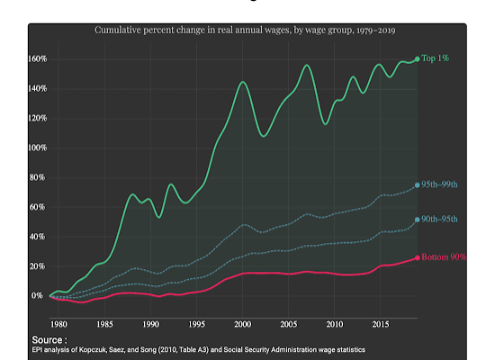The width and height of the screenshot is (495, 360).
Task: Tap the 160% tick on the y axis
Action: click(34, 59)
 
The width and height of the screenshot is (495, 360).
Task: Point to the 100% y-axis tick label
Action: click(34, 148)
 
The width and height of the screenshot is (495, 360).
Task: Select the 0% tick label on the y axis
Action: click(37, 295)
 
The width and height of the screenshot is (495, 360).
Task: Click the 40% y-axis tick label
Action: click(36, 237)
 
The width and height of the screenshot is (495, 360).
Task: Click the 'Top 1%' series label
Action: click(436, 58)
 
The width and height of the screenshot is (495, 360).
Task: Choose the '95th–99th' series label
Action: click(444, 184)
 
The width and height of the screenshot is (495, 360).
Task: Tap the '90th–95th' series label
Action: click(444, 219)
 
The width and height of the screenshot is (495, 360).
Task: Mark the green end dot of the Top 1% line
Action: click(417, 59)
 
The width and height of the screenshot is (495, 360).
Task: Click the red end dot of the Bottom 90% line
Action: click(417, 257)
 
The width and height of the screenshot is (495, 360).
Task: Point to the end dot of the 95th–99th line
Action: click(417, 185)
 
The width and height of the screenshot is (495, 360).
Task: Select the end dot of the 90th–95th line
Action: click(417, 219)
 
